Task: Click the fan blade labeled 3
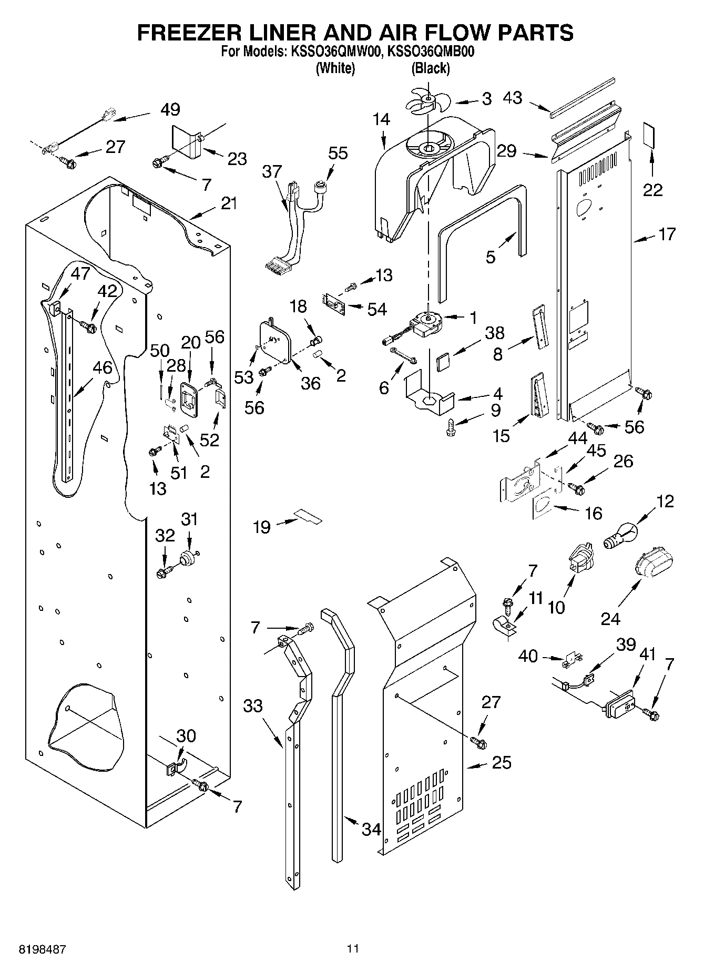pos(427,100)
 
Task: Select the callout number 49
pos(170,109)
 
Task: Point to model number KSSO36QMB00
pos(431,53)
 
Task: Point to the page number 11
pos(353,948)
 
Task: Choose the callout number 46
pos(102,367)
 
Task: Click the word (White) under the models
pos(335,68)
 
